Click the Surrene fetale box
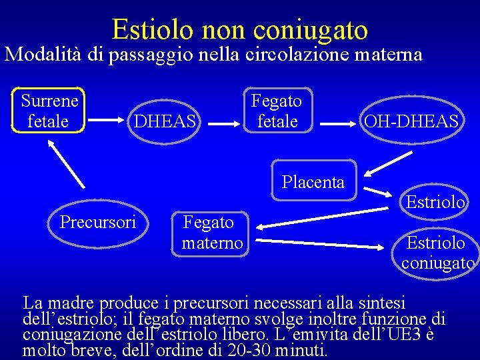[49, 111]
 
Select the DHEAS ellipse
[165, 121]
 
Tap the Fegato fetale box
[276, 111]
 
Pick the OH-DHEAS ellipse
[410, 121]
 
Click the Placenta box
[313, 181]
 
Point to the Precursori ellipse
[97, 221]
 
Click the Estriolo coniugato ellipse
[436, 251]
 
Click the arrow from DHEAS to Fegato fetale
[223, 122]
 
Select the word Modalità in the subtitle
[45, 54]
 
